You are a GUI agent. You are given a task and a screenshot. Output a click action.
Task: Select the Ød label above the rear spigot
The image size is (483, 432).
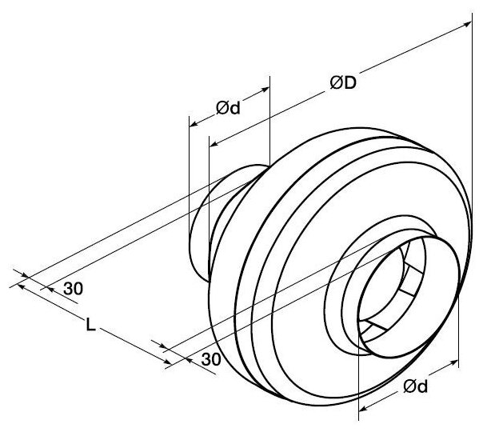[227, 108]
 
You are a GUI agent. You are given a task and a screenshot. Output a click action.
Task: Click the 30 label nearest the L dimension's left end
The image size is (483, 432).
[72, 289]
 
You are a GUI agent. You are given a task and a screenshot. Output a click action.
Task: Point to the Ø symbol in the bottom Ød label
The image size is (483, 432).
[409, 389]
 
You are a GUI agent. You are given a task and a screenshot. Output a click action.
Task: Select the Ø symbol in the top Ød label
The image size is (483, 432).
[222, 110]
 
